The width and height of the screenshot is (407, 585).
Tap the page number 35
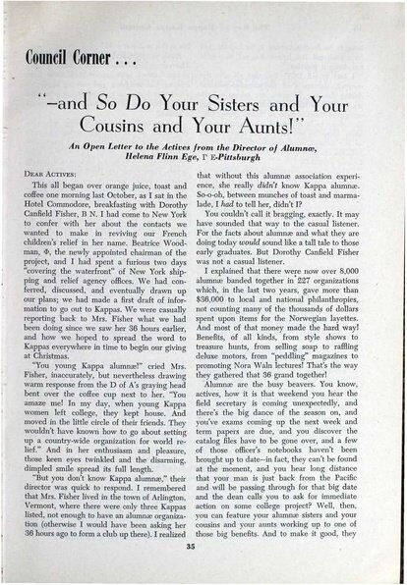coord(203,564)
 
